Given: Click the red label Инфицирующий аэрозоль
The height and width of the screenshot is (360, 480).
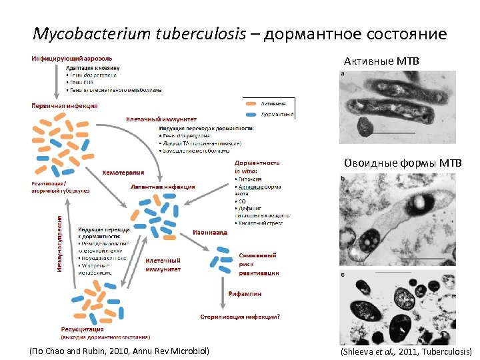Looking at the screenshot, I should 71,59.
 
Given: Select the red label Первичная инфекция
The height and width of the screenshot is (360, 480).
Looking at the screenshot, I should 65,105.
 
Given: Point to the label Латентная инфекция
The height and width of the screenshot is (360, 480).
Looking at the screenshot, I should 163,187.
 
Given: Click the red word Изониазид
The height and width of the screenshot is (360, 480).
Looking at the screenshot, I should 210,233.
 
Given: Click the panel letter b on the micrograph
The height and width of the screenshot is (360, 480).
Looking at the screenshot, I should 343,178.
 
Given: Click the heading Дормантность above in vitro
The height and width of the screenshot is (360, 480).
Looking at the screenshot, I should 257,163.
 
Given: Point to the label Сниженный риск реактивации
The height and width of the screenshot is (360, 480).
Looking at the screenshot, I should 259,264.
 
